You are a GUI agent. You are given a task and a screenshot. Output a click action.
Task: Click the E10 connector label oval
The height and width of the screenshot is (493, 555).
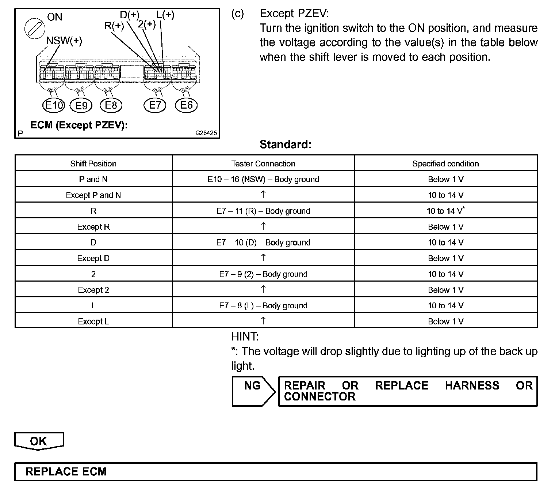(54, 106)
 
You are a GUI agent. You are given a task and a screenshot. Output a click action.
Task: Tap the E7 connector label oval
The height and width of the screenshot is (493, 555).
(155, 106)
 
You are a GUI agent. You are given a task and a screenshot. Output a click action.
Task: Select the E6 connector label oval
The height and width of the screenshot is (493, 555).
(186, 105)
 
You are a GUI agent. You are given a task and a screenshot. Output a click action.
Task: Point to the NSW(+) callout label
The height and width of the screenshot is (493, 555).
(64, 41)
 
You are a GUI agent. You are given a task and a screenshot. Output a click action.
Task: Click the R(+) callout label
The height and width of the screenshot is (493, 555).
(114, 26)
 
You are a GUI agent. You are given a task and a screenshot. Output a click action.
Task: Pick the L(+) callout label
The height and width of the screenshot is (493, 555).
(165, 15)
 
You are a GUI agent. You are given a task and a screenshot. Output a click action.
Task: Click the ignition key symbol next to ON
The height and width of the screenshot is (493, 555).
(35, 28)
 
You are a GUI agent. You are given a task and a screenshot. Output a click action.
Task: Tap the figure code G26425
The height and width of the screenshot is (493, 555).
(206, 133)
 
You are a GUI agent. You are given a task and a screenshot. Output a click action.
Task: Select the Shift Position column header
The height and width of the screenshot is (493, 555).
(93, 163)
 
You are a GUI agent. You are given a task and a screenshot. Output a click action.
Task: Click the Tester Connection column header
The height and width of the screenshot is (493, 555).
(263, 163)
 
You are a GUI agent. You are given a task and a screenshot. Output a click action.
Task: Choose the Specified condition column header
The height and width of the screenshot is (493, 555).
(445, 163)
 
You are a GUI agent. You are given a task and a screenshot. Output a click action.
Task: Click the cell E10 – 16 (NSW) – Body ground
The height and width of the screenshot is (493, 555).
(263, 179)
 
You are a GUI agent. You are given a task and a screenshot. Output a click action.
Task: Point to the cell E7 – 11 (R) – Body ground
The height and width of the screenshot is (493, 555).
(263, 211)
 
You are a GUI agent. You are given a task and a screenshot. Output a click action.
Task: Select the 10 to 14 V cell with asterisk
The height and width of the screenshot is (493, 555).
(445, 211)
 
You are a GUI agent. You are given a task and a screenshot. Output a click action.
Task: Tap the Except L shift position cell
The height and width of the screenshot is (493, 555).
(93, 321)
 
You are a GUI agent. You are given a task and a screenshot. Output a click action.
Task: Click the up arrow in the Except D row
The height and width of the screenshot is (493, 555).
(263, 258)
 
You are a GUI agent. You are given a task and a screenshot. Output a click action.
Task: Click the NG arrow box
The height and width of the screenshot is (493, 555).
(253, 391)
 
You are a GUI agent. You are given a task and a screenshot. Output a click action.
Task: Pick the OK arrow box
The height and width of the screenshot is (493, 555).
(39, 441)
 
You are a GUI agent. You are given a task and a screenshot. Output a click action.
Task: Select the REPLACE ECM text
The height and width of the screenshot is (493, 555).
(66, 471)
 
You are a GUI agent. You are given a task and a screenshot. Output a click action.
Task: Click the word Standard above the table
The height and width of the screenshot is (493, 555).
(285, 144)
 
